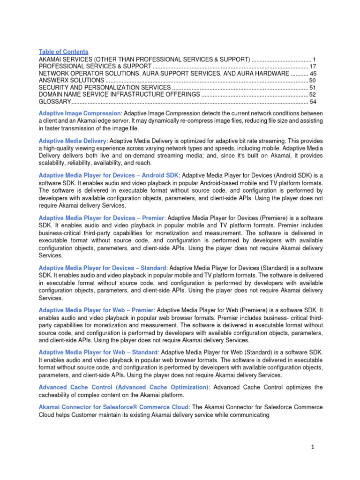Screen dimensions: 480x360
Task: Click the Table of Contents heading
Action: pos(63,52)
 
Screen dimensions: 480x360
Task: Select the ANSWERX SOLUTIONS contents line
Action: pos(71,81)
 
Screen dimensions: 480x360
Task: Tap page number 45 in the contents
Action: pos(313,74)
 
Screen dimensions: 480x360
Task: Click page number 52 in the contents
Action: pos(313,95)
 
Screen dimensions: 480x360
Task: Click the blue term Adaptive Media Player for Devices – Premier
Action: pos(101,218)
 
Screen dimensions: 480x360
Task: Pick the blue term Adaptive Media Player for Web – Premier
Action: pos(97,310)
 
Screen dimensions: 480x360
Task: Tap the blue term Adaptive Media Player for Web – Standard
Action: pos(98,352)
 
